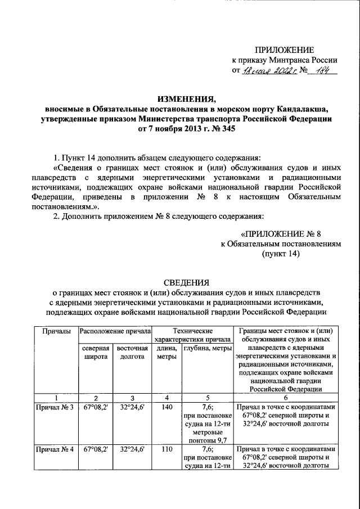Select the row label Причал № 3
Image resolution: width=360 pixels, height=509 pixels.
[x=55, y=407]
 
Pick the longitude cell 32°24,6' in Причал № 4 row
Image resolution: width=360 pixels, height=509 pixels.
[x=132, y=449]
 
